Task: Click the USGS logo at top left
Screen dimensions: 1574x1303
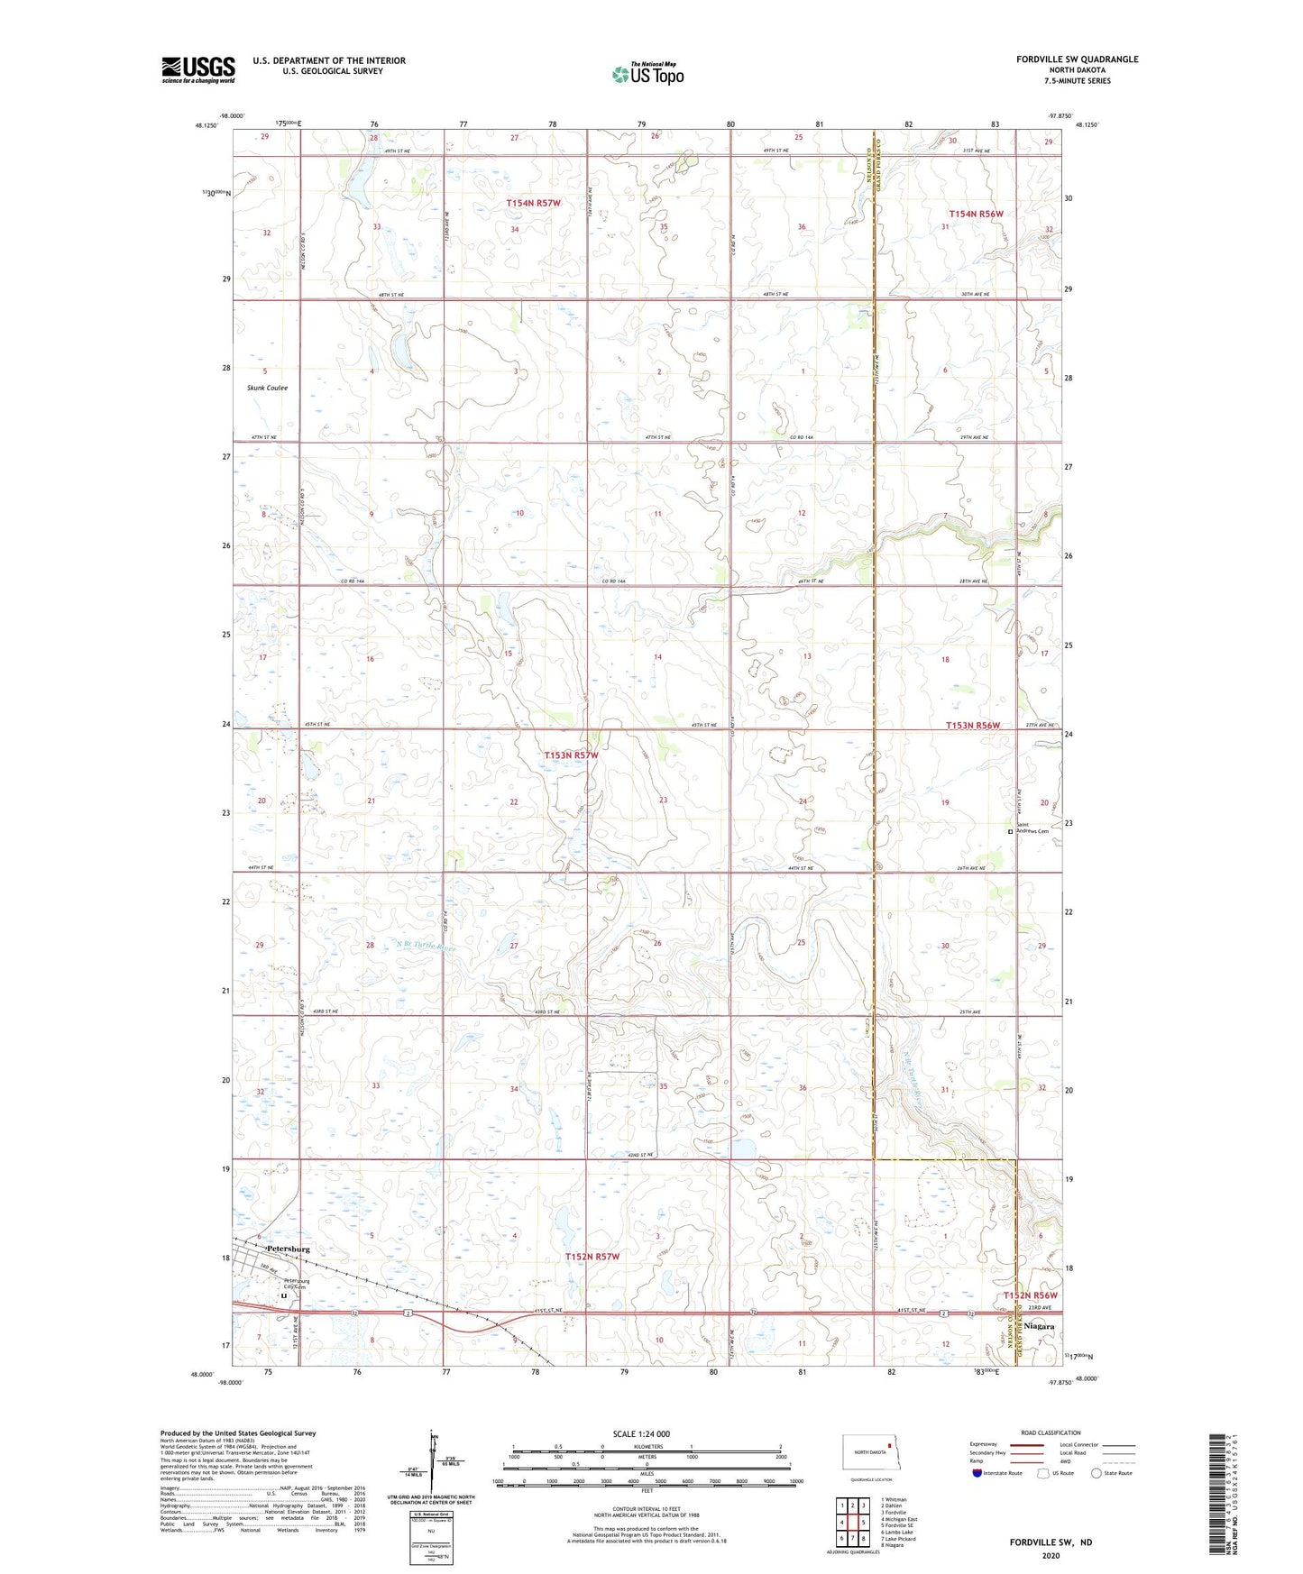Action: pyautogui.click(x=197, y=69)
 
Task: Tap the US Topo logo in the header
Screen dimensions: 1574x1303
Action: pyautogui.click(x=647, y=74)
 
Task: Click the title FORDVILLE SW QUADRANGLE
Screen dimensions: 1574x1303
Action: pyautogui.click(x=1077, y=59)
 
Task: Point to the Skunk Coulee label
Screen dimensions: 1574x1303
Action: pyautogui.click(x=267, y=388)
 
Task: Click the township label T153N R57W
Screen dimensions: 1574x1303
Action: pyautogui.click(x=571, y=755)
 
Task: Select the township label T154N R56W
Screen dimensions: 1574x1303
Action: pyautogui.click(x=976, y=214)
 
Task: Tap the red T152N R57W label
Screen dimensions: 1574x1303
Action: pyautogui.click(x=592, y=1256)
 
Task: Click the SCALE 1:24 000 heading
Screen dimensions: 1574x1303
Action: pyautogui.click(x=640, y=1433)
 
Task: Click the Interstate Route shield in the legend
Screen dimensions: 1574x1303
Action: pyautogui.click(x=978, y=1473)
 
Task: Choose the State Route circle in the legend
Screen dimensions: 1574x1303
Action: pyautogui.click(x=1097, y=1473)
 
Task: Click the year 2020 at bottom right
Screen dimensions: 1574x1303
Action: pyautogui.click(x=1050, y=1555)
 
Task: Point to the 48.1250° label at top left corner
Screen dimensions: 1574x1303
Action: pyautogui.click(x=205, y=126)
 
